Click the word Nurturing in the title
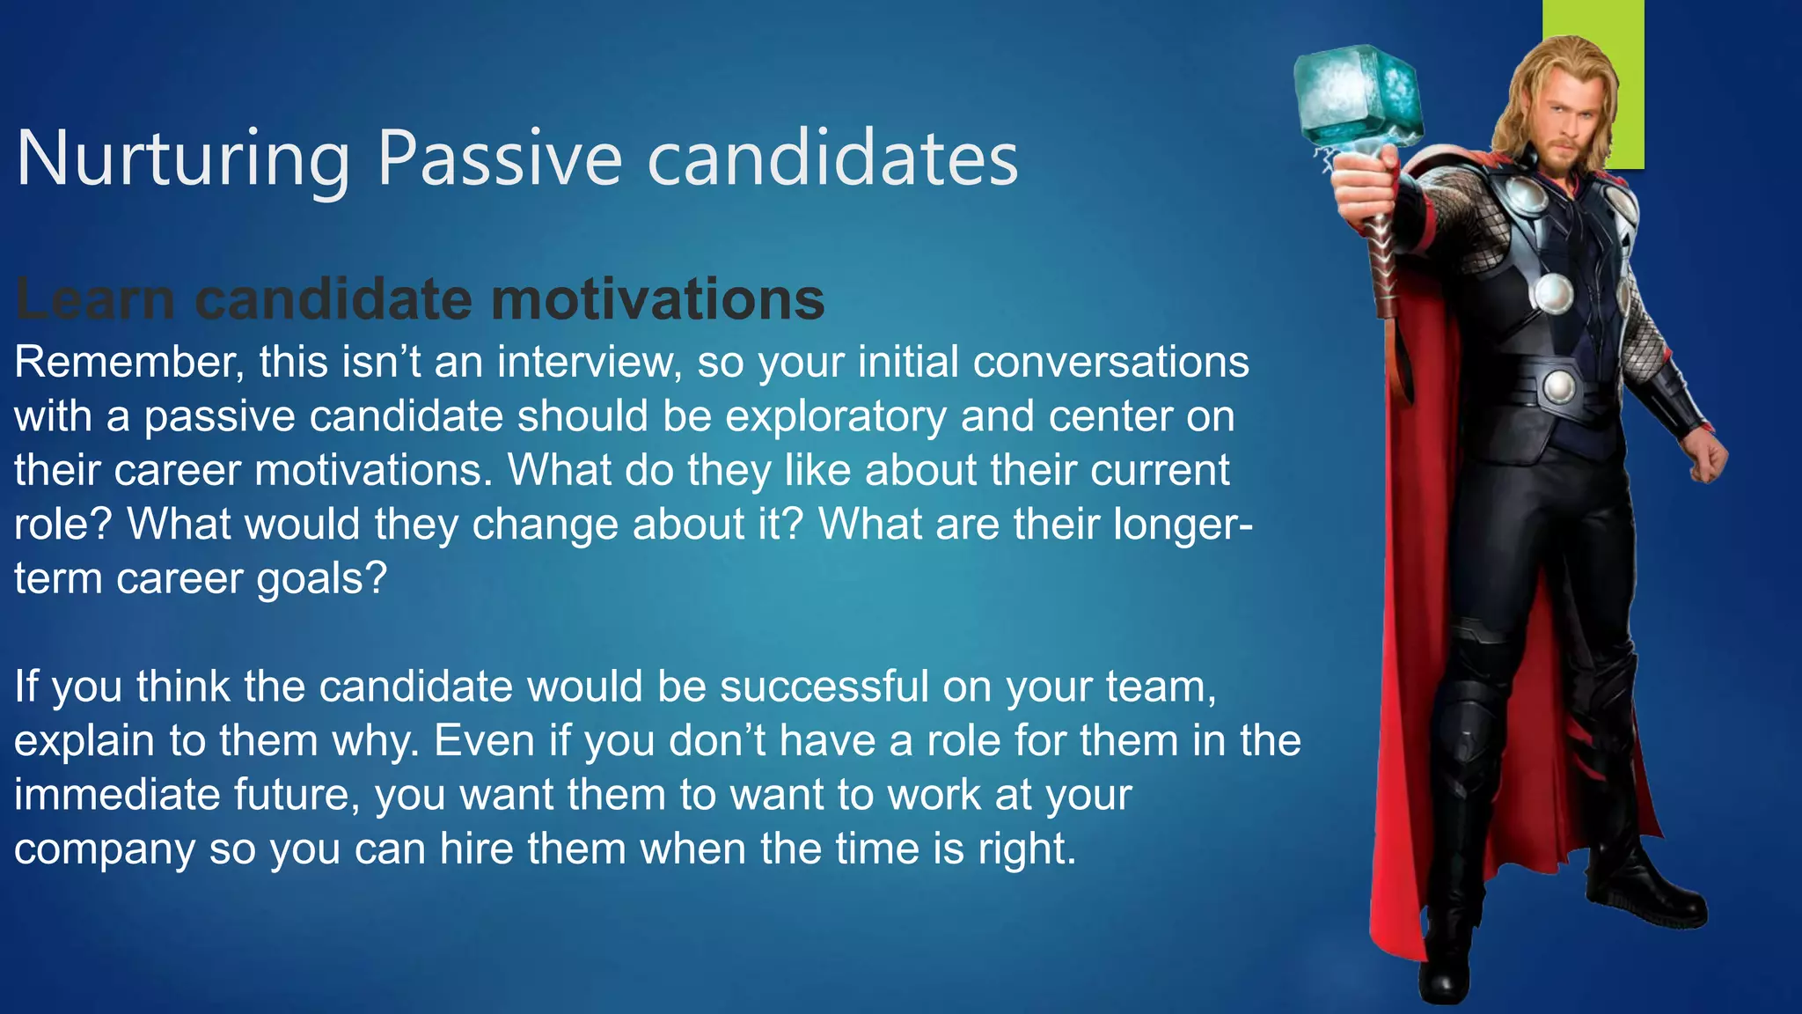[x=183, y=158]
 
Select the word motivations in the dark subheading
[x=657, y=299]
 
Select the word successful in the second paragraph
[x=824, y=687]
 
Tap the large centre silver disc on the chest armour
[x=1552, y=292]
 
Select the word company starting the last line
[x=104, y=849]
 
